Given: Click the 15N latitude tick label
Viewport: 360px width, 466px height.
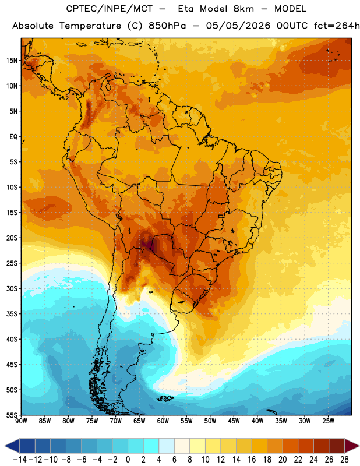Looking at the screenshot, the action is click(x=12, y=61).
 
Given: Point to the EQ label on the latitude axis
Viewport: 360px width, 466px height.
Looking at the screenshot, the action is click(x=13, y=137).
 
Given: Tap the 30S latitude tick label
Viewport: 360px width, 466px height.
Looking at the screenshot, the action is click(x=12, y=288).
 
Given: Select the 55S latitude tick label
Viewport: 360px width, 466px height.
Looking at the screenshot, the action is click(x=12, y=415).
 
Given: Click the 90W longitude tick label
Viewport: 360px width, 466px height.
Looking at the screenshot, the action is click(x=22, y=421).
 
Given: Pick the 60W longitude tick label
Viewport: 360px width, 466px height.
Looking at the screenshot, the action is click(x=163, y=421).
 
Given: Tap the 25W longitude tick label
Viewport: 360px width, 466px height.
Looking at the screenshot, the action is click(x=328, y=421).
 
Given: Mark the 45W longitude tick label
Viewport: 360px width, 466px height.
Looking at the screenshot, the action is click(x=234, y=421).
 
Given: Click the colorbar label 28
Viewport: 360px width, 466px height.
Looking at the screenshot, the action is click(x=344, y=460).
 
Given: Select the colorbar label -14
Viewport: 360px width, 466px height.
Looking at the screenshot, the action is click(x=20, y=460).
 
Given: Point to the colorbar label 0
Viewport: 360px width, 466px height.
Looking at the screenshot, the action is click(x=128, y=460).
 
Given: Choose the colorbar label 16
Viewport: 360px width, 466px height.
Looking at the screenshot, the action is click(x=252, y=460).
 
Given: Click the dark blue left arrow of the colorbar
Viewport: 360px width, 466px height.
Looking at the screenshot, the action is click(x=12, y=446).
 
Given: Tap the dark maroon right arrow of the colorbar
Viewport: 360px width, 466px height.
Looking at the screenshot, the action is click(x=352, y=446).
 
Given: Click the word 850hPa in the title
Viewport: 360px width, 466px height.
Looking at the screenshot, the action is click(x=167, y=26).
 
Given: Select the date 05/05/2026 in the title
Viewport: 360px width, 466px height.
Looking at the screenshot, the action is click(x=238, y=26).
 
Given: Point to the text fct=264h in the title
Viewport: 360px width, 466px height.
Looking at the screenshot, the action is click(x=337, y=26).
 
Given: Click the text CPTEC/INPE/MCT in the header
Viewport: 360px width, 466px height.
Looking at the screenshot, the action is click(x=110, y=9).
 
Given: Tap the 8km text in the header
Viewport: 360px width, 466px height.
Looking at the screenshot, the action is click(x=243, y=9).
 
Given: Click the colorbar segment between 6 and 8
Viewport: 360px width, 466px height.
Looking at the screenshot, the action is click(x=182, y=446).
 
